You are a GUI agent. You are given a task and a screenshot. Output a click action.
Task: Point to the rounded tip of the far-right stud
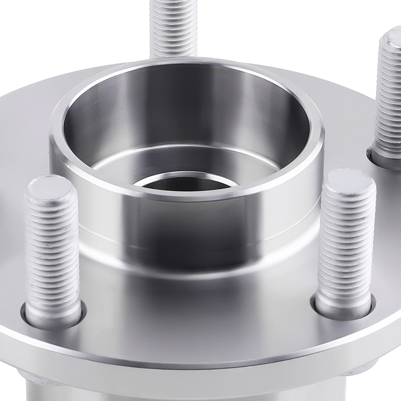pyautogui.click(x=391, y=39)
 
